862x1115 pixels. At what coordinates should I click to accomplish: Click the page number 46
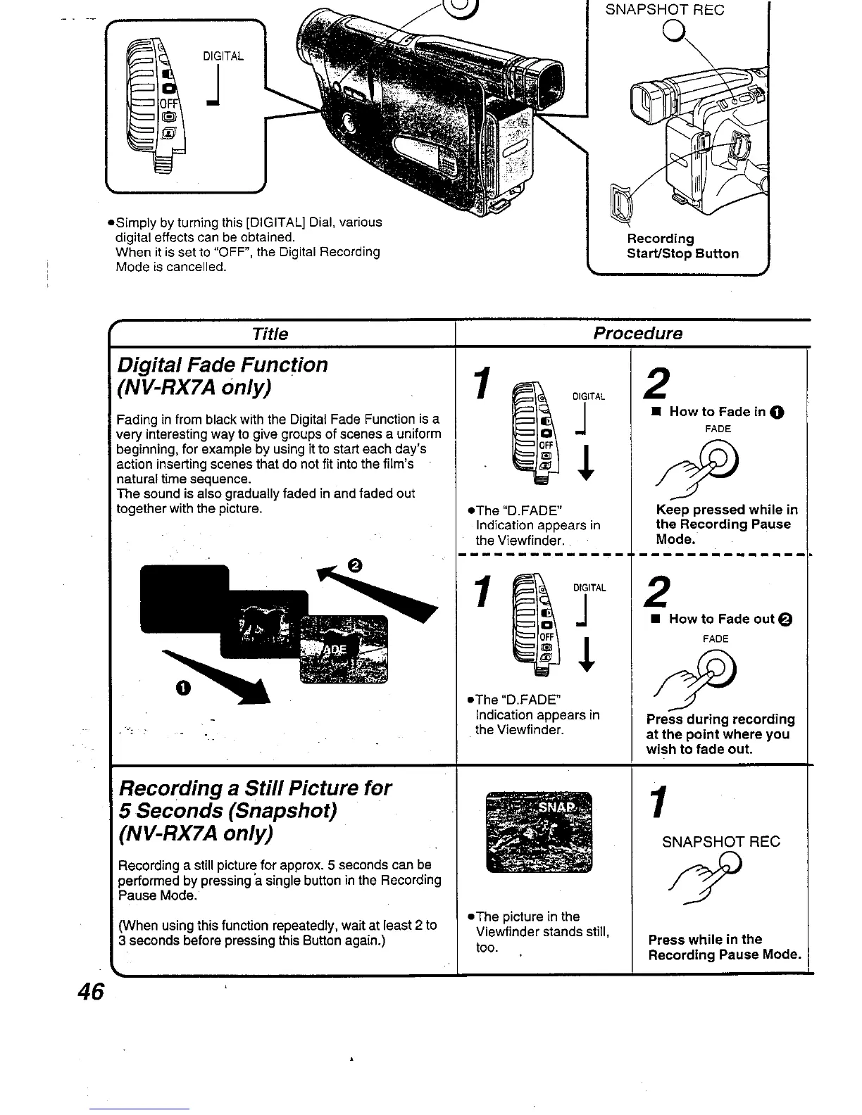point(91,991)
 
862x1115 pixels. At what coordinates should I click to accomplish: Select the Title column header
point(270,334)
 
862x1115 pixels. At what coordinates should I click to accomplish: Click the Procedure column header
point(637,334)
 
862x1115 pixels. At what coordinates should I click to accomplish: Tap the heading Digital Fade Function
point(223,365)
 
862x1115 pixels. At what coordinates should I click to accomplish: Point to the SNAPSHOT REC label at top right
point(665,10)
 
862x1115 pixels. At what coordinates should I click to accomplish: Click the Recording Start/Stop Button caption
point(682,246)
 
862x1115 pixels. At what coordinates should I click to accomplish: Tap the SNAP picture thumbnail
point(539,831)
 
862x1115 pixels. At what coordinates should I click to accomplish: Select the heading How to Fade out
point(722,619)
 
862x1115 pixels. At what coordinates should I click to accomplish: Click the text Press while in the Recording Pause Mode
point(724,947)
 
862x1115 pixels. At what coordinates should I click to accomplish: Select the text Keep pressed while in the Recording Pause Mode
point(725,524)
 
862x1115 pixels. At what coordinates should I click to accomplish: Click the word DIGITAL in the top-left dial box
point(223,56)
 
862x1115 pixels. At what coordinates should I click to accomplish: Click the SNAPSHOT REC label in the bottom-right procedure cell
point(721,842)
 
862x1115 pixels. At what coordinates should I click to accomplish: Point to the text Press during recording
point(720,719)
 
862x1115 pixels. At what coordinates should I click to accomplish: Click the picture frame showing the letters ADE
point(344,648)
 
